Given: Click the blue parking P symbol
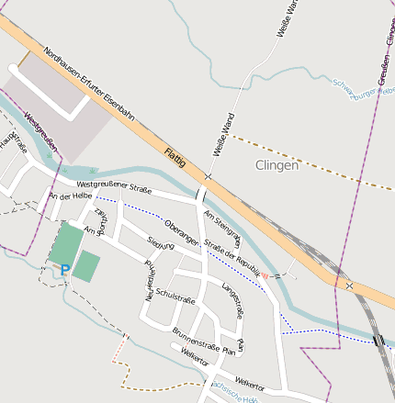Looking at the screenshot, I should [x=64, y=270].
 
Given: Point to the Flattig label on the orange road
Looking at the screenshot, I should [x=175, y=156].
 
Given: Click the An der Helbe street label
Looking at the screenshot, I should [x=71, y=196].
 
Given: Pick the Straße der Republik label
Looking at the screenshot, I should [x=233, y=257].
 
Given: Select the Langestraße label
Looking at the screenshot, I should [x=232, y=300].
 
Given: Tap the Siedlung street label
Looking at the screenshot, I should [x=160, y=247].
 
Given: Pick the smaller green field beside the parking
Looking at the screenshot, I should [x=86, y=266].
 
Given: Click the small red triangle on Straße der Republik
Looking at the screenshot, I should [x=266, y=274].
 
